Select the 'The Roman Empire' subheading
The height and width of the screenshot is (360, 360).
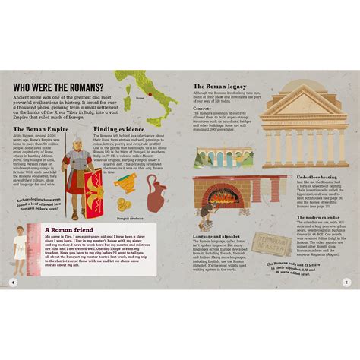coord(41,130)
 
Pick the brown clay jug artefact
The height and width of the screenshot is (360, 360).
coord(156,193)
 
